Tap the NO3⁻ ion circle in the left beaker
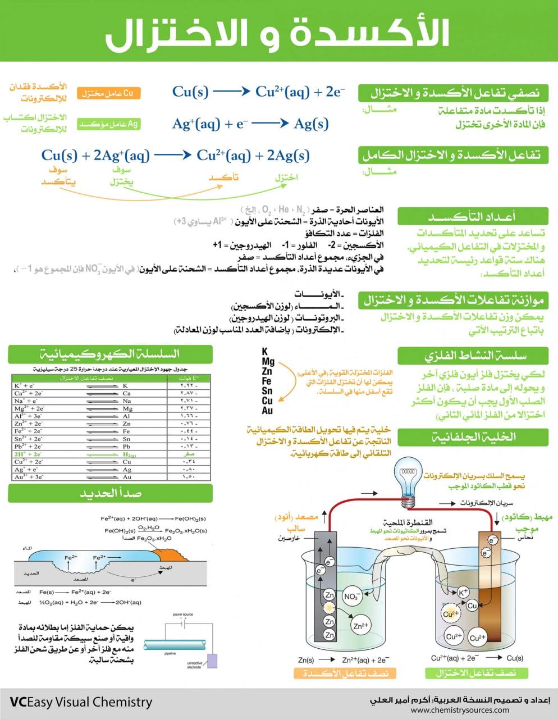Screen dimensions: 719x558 coord(351,597)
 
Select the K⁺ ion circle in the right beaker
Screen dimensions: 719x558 coord(463,592)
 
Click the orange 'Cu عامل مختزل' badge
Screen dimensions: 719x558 coord(108,93)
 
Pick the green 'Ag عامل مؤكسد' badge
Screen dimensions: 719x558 coord(108,124)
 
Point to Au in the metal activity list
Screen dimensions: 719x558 coord(267,411)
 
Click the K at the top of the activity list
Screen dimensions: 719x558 coord(265,352)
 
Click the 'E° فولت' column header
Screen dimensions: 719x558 coord(189,378)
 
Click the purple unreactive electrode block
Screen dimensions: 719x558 coord(212,661)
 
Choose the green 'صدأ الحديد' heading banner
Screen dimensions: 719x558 coord(110,493)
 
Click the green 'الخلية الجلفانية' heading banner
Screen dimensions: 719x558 coord(473,437)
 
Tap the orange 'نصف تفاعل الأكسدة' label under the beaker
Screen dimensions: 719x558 coord(345,673)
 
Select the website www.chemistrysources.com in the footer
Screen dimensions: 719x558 coord(460,709)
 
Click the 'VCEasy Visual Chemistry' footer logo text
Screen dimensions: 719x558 coord(81,702)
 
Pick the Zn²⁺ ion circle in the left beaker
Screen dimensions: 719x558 coord(361,625)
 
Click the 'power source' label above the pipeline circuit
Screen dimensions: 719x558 coord(182,615)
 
